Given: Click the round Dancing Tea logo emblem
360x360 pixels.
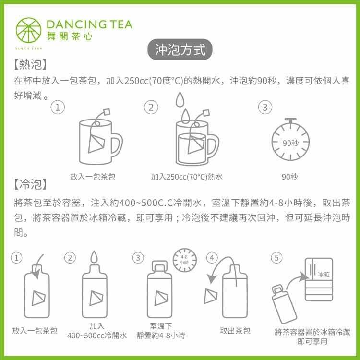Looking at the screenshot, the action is [x=28, y=30].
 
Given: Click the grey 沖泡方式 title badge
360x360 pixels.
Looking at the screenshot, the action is [x=180, y=49].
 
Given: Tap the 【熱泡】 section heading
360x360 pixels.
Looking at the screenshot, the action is [x=30, y=64].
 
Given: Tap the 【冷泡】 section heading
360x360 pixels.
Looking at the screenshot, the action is [x=30, y=184].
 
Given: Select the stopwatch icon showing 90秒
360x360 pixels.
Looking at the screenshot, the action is [x=290, y=139].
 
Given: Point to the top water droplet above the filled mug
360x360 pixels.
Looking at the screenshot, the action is [x=180, y=99].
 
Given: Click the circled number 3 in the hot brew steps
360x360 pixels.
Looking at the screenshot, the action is [x=265, y=107].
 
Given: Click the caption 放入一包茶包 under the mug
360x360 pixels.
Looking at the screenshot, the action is [x=93, y=177].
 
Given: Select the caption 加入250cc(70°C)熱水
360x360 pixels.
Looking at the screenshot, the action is [x=187, y=177].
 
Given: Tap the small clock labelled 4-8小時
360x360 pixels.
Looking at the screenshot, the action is [x=185, y=260].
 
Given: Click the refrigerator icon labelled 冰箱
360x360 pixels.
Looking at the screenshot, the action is [x=319, y=279].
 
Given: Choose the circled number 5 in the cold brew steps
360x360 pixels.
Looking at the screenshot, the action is [x=276, y=258].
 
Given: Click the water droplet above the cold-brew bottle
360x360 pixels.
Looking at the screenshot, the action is [x=94, y=256].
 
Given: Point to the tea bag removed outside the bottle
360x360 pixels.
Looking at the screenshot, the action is [x=210, y=296].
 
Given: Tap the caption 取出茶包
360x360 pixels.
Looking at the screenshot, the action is [x=235, y=331].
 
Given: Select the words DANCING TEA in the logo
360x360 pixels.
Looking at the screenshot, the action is [x=89, y=25].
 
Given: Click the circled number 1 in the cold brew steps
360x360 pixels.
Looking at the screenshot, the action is [x=16, y=258].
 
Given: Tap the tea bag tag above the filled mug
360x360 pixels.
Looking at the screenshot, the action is [x=206, y=113].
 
